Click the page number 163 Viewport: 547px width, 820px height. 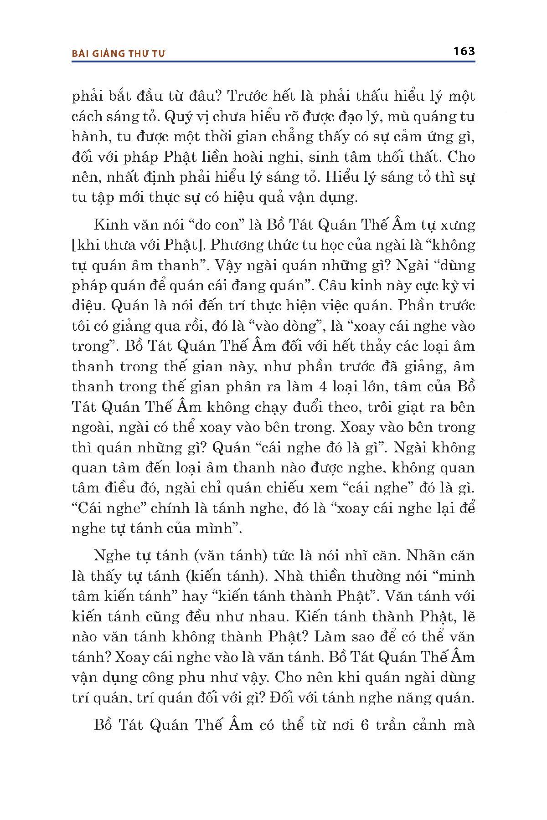[x=464, y=51]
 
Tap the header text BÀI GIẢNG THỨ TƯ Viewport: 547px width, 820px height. [x=119, y=53]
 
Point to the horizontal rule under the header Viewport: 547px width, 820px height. [x=273, y=62]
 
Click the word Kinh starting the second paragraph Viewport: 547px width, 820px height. [x=109, y=225]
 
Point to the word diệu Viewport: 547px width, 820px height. [x=87, y=306]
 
